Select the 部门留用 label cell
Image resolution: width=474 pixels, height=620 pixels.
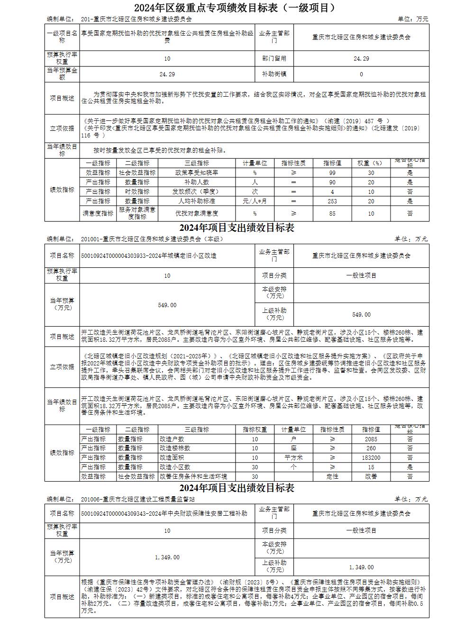(x=274, y=59)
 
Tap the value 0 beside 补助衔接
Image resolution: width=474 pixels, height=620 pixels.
(x=361, y=74)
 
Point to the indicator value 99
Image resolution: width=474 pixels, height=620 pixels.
(x=332, y=173)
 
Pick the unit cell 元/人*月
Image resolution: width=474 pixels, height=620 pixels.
(x=255, y=201)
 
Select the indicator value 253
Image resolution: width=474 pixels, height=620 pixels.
(x=332, y=201)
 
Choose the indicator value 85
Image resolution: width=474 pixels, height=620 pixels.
(x=332, y=214)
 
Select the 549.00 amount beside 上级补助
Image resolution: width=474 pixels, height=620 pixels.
(x=361, y=315)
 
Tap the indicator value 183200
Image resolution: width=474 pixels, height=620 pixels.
(x=371, y=458)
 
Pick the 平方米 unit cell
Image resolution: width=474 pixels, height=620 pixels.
(x=293, y=458)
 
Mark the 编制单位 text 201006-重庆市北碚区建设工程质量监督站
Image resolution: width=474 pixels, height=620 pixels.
(x=138, y=499)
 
